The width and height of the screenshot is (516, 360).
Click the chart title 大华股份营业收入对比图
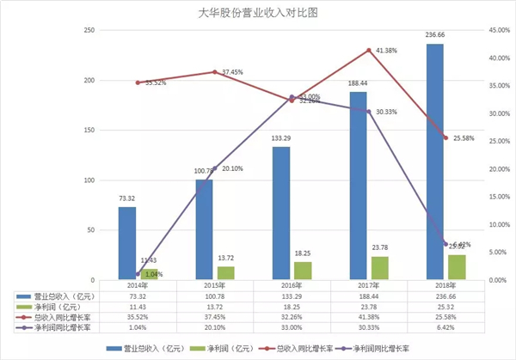258,13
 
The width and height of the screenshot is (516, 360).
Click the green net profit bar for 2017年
379,268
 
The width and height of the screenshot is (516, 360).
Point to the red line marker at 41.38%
369,51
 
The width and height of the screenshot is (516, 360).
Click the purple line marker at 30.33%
369,112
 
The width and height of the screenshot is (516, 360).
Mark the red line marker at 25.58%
445,138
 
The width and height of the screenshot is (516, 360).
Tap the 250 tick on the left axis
88,31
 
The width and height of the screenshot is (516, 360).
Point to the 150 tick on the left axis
88,131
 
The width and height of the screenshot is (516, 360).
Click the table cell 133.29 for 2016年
292,295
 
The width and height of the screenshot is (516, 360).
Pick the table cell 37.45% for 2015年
214,317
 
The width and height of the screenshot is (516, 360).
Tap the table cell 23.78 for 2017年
369,306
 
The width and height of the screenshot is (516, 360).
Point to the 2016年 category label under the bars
292,284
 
